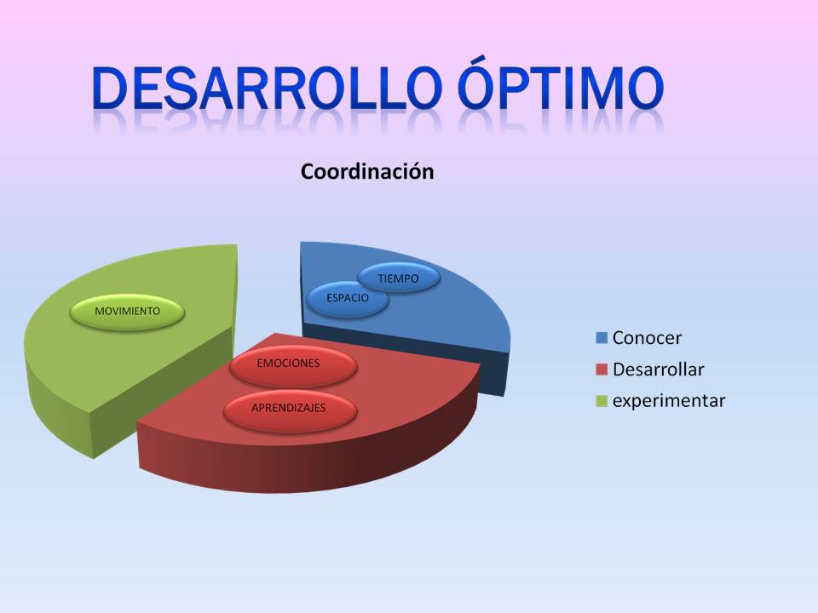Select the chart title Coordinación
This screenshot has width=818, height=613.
tap(367, 172)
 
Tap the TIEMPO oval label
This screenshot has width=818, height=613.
tap(398, 278)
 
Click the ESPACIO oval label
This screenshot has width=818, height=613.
tap(348, 299)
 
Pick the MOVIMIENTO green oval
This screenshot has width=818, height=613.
tap(127, 312)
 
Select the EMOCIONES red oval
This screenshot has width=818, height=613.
tap(288, 364)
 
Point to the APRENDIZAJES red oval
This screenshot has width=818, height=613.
tap(288, 409)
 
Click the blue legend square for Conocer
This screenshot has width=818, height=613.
tap(602, 339)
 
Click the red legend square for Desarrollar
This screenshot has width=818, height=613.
tap(602, 370)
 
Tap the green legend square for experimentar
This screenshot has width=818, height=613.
tap(602, 401)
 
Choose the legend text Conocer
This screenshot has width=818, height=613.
tap(647, 338)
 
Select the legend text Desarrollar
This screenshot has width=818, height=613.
tap(658, 370)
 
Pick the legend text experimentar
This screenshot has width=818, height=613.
tap(669, 401)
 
